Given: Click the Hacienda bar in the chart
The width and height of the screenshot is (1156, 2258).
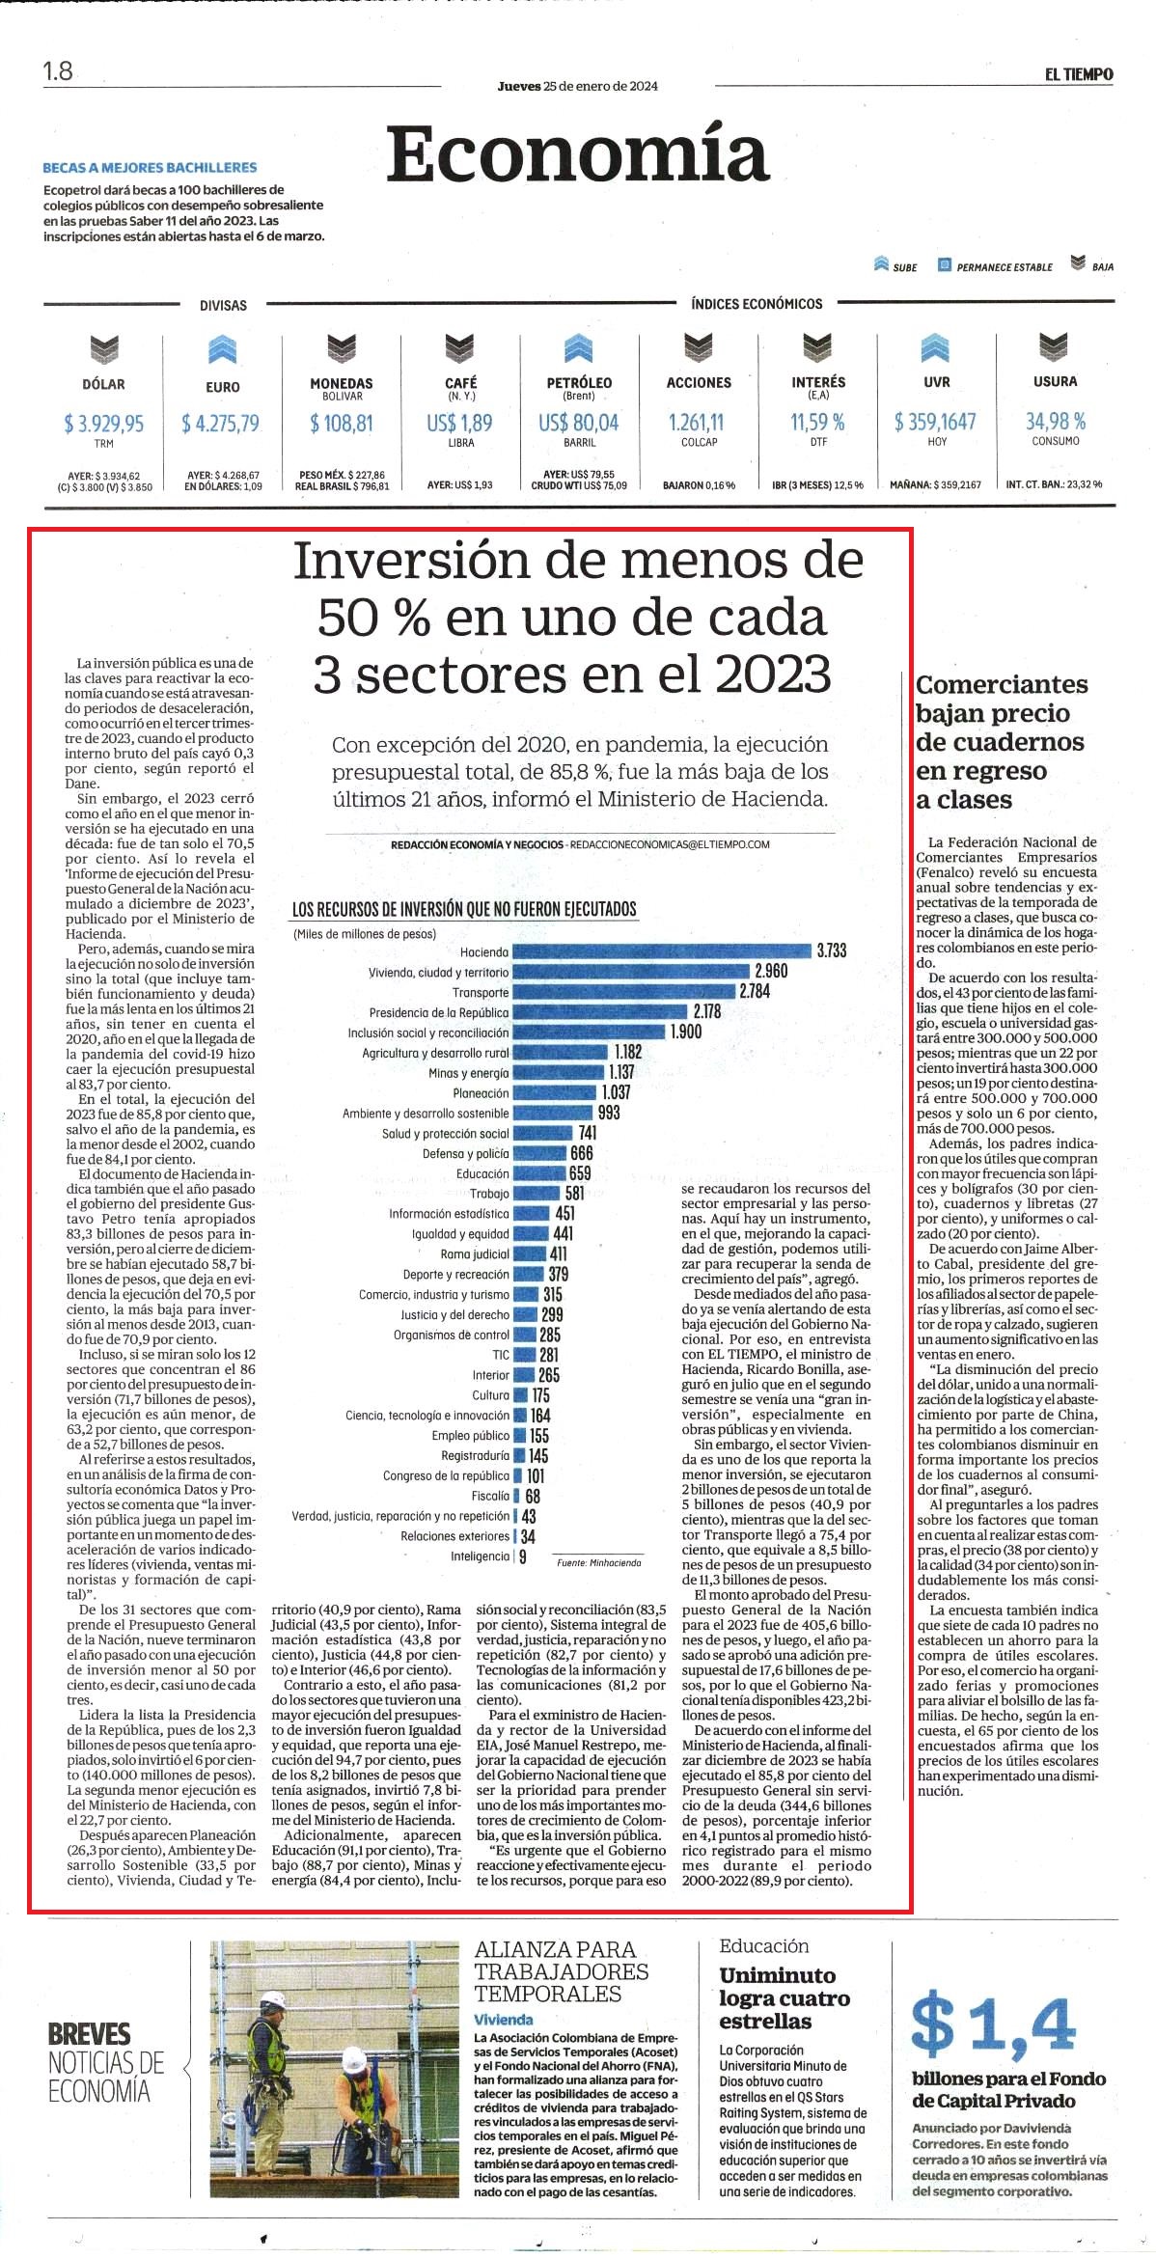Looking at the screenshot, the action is tap(661, 951).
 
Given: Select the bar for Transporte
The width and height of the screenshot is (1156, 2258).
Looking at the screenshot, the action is tap(623, 992).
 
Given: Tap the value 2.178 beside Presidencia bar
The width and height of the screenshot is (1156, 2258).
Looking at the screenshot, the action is tap(706, 1011).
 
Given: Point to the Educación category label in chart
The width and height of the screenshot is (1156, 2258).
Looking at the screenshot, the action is tap(482, 1173).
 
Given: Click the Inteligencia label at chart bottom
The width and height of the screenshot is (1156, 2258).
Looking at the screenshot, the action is tap(480, 1556).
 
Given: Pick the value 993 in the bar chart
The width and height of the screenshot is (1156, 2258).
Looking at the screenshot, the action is tap(609, 1113).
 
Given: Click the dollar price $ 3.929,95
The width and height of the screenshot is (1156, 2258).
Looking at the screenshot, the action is tap(104, 423).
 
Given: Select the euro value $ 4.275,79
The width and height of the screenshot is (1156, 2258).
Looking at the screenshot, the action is tap(221, 423).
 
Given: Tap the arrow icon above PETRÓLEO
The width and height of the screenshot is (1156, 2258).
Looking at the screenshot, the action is tap(578, 347).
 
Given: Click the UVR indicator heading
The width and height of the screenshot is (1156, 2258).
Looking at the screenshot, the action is tap(936, 382).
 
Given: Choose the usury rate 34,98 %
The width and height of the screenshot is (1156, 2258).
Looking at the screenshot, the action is tap(1056, 421).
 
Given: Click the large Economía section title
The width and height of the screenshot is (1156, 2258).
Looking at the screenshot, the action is tap(578, 153).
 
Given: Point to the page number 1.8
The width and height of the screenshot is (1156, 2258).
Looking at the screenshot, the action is tap(58, 70).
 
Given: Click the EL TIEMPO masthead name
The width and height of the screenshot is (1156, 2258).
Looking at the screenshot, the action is tap(1079, 74).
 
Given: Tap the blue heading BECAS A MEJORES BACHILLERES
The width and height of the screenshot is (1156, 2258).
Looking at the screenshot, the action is tap(150, 167).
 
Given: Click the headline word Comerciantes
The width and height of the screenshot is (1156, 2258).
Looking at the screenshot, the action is tap(1002, 684).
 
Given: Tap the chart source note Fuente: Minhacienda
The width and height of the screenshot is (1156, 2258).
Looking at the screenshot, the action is tap(598, 1561).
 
